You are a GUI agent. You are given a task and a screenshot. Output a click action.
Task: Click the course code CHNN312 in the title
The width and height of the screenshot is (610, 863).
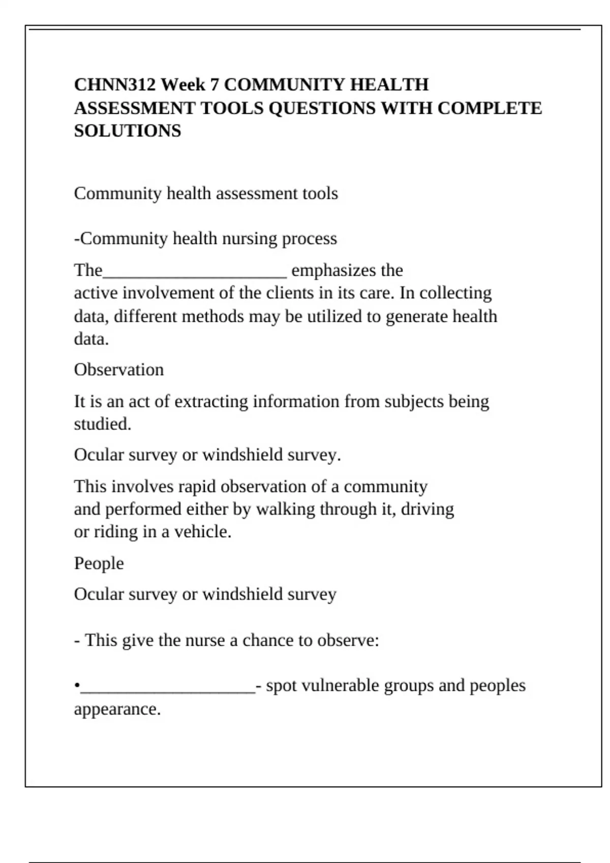pos(115,84)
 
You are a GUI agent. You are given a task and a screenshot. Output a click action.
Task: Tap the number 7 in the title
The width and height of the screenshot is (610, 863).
pos(214,84)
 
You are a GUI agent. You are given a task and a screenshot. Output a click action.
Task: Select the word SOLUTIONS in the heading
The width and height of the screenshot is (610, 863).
pos(128,131)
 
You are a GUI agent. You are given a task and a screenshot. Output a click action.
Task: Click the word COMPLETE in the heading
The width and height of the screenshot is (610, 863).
pos(490,108)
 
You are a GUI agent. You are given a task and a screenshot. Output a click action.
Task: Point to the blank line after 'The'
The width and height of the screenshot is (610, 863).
pos(195,275)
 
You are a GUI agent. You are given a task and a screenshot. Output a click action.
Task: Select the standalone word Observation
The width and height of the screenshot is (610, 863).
pos(119,370)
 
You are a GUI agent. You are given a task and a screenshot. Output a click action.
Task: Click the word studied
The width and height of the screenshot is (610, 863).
pos(102,424)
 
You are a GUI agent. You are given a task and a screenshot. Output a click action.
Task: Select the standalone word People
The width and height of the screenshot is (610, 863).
pos(99,563)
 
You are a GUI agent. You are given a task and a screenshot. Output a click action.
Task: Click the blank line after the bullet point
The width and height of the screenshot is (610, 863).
pos(168,690)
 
